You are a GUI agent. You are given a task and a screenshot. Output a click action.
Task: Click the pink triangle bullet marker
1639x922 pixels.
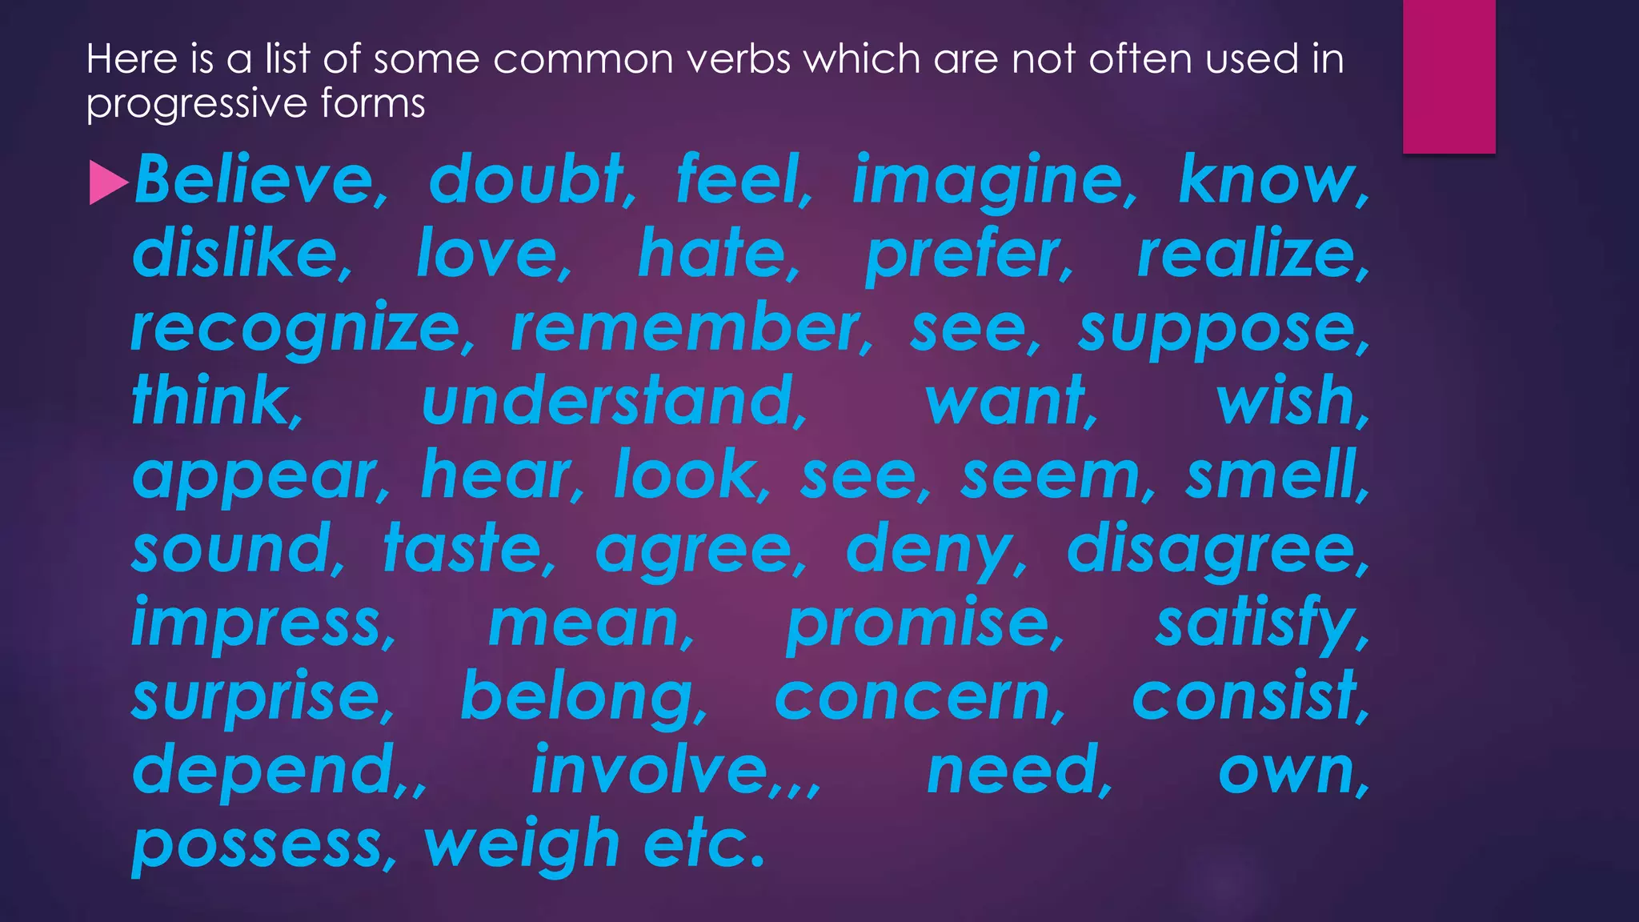[109, 182]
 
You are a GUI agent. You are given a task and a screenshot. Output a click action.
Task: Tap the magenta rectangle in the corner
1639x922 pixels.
[1449, 76]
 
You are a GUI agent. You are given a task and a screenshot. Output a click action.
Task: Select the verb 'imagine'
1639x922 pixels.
[989, 181]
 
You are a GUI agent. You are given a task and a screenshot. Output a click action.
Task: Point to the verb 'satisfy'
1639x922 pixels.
[1256, 623]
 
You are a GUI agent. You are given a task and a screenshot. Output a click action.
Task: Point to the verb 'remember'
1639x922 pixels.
[685, 328]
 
